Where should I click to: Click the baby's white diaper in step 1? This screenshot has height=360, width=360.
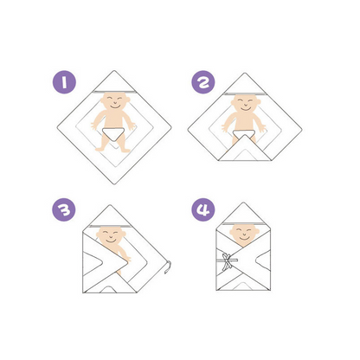113,131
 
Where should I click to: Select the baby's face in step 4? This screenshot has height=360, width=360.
244,234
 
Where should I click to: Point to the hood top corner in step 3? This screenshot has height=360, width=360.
109,206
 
